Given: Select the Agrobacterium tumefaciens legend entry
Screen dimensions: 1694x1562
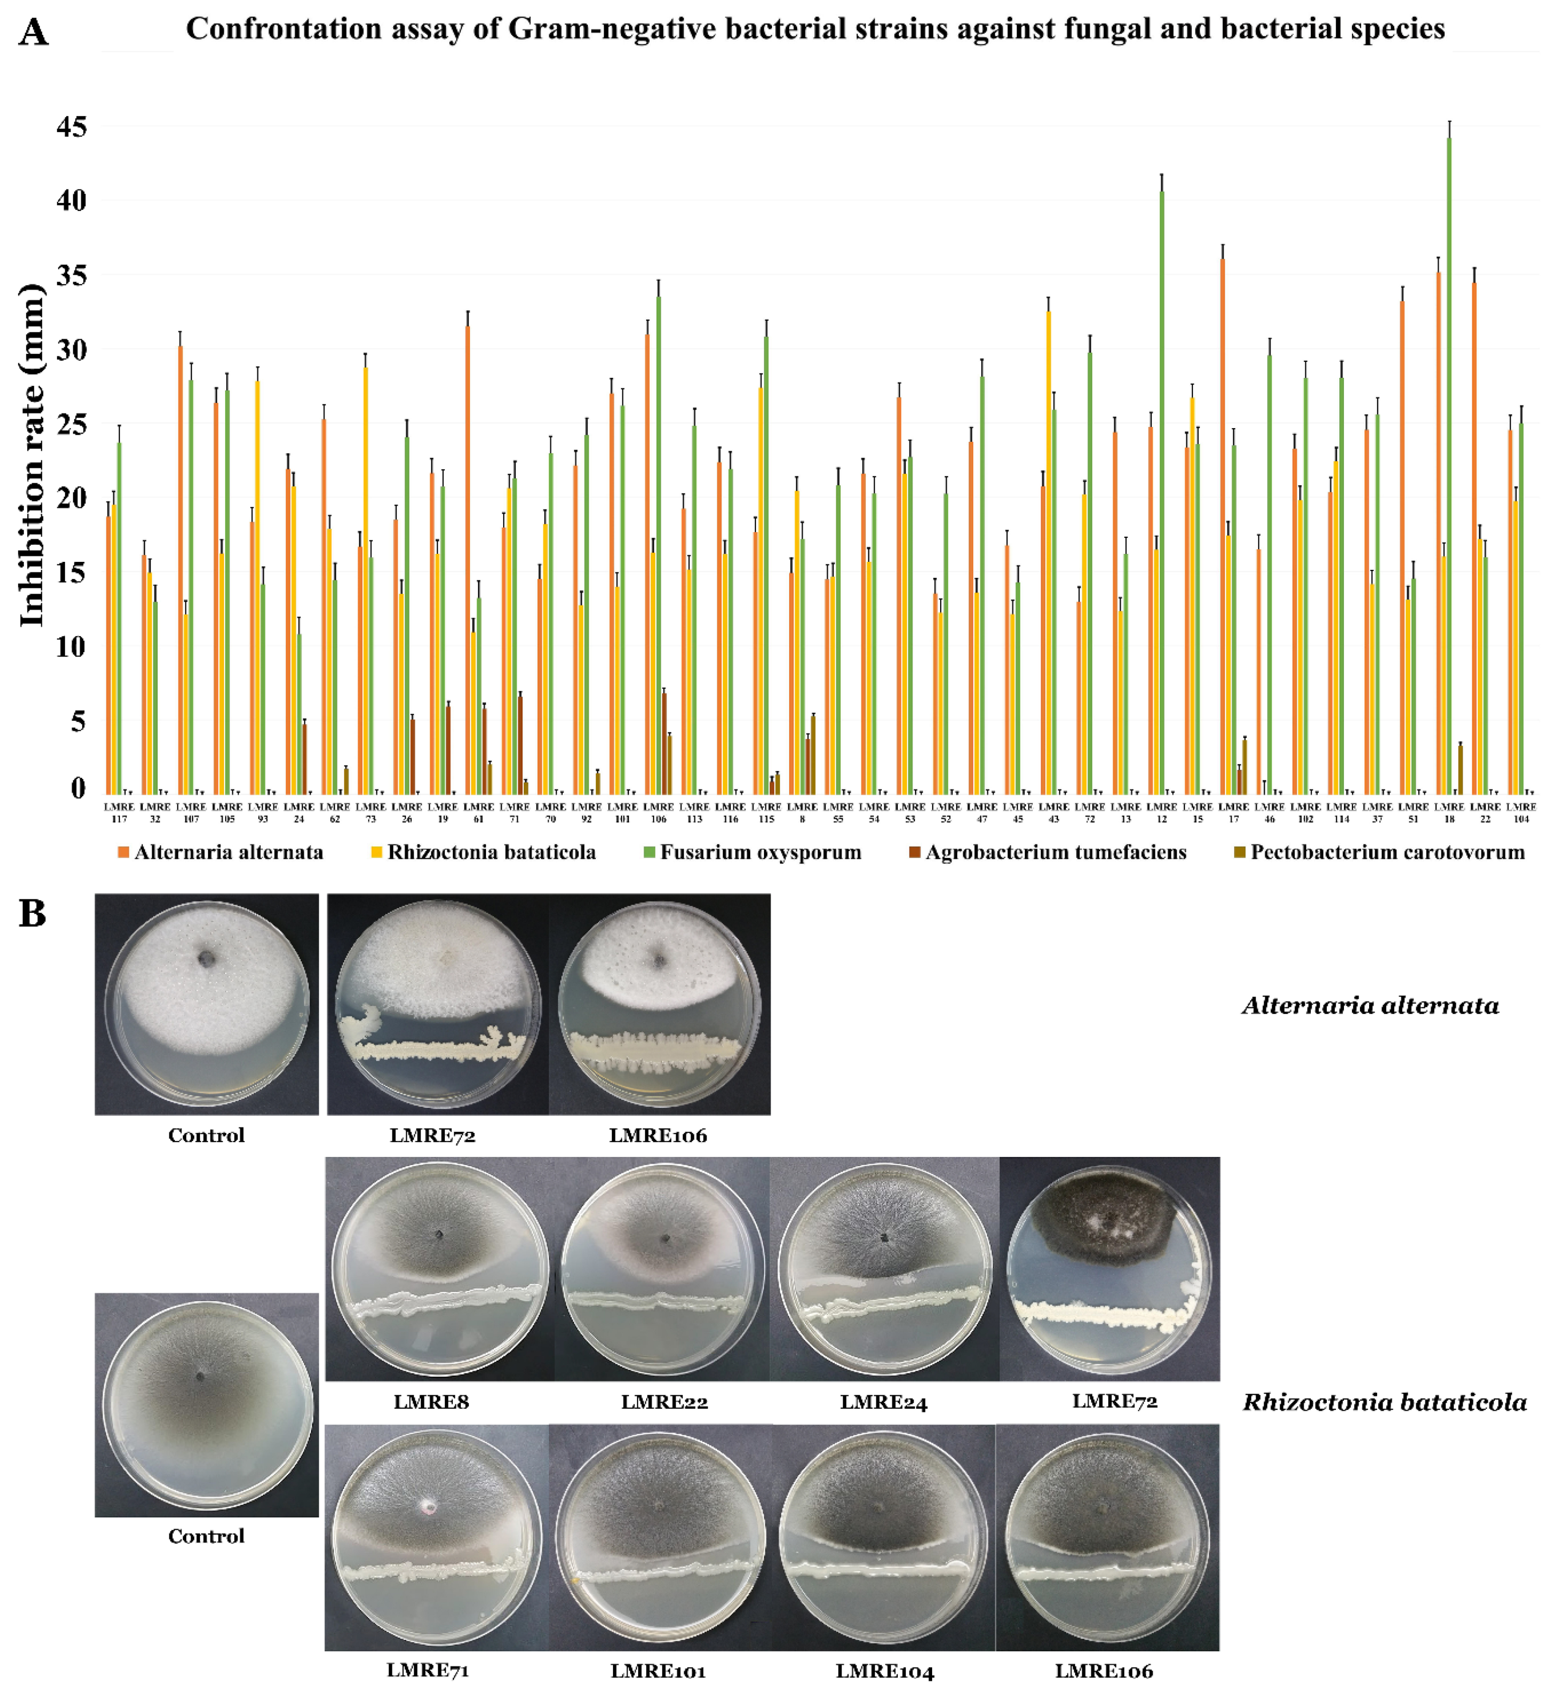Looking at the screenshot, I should pos(1055,852).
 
